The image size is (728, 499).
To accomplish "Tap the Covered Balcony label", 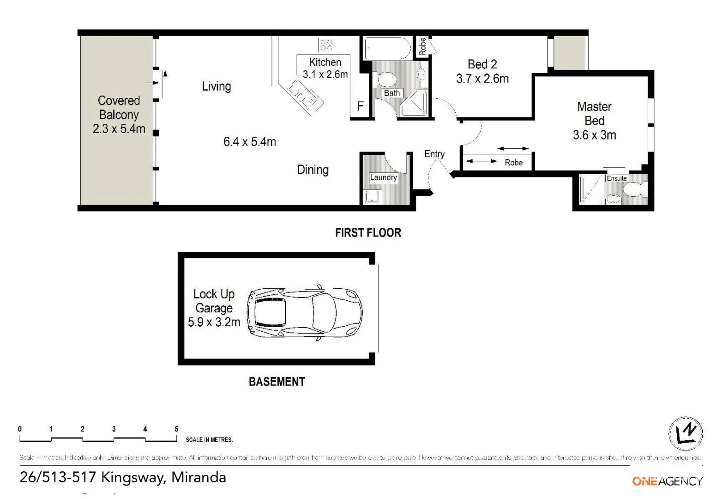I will (x=119, y=108).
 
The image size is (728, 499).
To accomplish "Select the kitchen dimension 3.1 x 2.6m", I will (x=325, y=74).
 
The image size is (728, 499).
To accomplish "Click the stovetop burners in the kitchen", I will (x=326, y=45).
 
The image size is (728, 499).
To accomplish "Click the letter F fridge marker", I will (x=361, y=107).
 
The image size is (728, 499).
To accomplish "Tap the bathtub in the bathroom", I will (x=387, y=48).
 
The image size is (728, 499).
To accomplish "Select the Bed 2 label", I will (x=482, y=64).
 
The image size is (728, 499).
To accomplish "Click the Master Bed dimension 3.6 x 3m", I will (x=594, y=135).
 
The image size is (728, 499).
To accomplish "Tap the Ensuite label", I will (x=616, y=178).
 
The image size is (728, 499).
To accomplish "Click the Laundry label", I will (x=383, y=177).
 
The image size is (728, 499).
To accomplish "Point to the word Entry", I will (x=434, y=154).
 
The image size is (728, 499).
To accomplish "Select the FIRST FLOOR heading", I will (x=368, y=232).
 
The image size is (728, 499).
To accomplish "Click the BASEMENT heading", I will (x=277, y=382).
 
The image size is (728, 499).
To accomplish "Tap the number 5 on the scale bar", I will (x=176, y=429).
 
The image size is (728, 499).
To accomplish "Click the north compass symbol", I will (x=686, y=434).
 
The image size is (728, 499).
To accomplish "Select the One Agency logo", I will (x=667, y=481).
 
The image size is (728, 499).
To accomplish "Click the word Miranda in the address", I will (x=199, y=477).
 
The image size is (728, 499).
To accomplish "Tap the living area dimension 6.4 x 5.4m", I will (x=249, y=142).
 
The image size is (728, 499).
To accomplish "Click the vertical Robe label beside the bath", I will (x=422, y=46).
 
